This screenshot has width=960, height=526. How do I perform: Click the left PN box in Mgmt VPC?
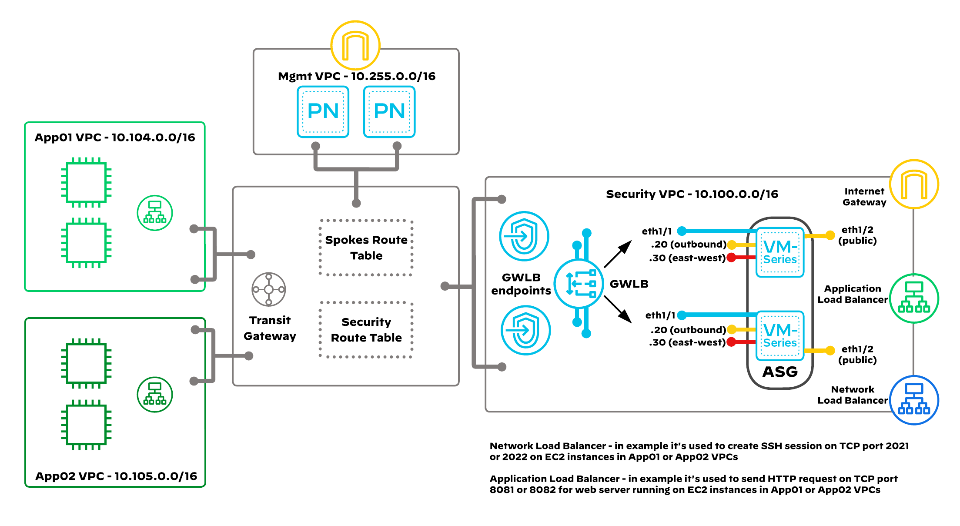(323, 111)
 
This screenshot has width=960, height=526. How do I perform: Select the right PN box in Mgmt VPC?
(389, 111)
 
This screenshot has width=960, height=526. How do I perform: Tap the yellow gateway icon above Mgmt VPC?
(355, 45)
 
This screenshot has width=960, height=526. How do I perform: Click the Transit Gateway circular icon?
(269, 289)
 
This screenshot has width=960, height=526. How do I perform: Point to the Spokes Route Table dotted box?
(366, 248)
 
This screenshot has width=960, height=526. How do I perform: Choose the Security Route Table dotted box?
(366, 330)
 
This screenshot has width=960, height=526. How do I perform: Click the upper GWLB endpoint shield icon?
(524, 236)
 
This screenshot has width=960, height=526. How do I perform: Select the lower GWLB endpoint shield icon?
(525, 330)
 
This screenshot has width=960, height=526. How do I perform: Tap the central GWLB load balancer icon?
(579, 284)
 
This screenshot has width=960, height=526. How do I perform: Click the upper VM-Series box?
(780, 252)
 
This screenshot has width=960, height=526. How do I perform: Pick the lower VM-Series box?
(780, 335)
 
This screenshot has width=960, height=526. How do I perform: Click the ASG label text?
(780, 372)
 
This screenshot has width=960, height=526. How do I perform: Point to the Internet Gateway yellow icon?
(914, 184)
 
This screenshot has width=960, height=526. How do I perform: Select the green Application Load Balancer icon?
(914, 298)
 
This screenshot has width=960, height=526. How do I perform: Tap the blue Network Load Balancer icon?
(914, 400)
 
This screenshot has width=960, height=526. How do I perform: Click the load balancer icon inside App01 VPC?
(155, 213)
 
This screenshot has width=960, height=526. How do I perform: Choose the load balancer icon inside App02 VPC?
(155, 394)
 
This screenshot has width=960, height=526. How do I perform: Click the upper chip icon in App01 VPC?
(86, 183)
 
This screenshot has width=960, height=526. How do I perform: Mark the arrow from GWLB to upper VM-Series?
(618, 254)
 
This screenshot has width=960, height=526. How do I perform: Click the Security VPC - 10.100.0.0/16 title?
(692, 194)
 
